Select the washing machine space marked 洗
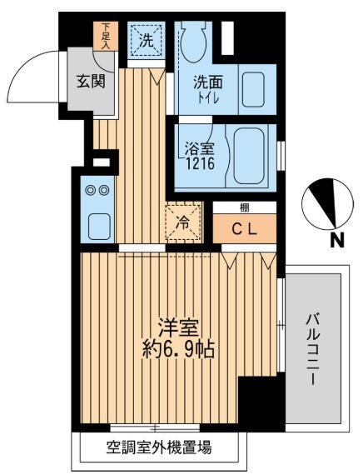click(x=145, y=38)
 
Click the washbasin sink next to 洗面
click(x=252, y=86)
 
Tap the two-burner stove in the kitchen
click(x=97, y=191)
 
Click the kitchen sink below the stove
click(x=97, y=224)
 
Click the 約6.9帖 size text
click(x=178, y=349)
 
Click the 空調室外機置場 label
click(x=160, y=447)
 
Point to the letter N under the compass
click(x=337, y=242)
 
